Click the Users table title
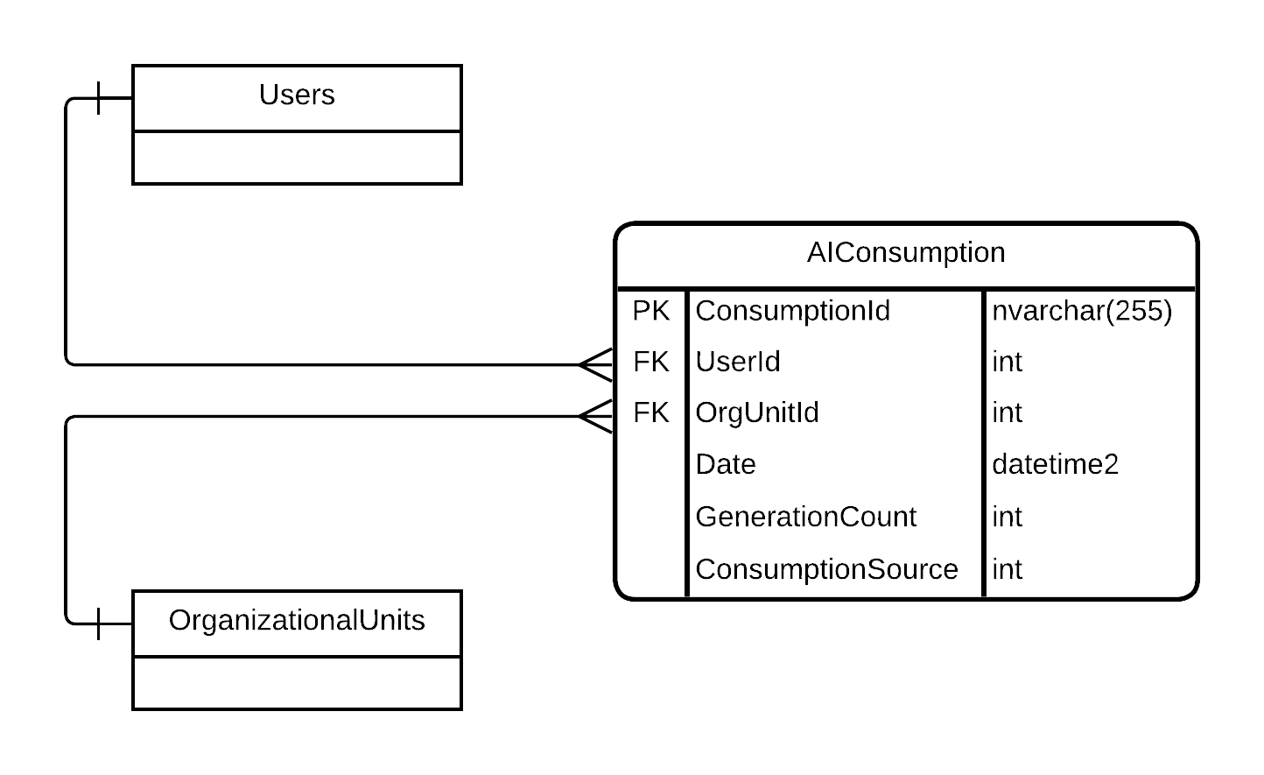(x=297, y=95)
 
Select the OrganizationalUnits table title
(x=297, y=621)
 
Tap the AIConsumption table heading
(x=905, y=253)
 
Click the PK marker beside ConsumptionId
(x=650, y=311)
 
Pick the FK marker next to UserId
(x=650, y=362)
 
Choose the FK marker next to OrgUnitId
(x=650, y=412)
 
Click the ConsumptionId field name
(x=792, y=311)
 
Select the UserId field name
(x=737, y=362)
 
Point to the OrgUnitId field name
(x=756, y=412)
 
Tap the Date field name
(x=725, y=464)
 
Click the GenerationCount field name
(x=805, y=517)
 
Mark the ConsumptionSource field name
(x=826, y=569)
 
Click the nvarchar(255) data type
(x=1081, y=311)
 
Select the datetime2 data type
(x=1055, y=464)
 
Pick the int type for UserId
(x=1007, y=362)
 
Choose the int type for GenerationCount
(x=1007, y=517)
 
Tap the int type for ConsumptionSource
(x=1007, y=569)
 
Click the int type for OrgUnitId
(x=1007, y=412)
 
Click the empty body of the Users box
(x=297, y=158)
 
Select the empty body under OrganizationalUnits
(x=297, y=683)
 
